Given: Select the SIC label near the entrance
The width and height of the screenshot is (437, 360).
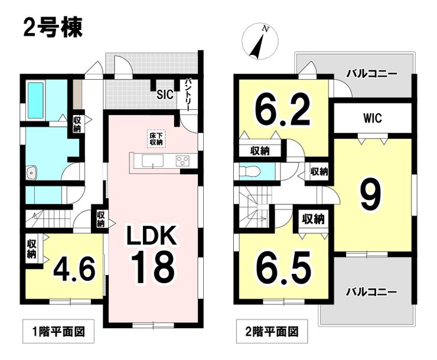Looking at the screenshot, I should point(165,93).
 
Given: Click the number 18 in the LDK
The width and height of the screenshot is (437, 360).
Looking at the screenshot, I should point(152,266).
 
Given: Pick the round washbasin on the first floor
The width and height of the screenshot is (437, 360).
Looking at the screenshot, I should point(32,172).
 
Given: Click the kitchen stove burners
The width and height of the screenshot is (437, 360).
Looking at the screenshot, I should point(182,160).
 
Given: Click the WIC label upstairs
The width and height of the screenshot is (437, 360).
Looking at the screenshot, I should point(371,118).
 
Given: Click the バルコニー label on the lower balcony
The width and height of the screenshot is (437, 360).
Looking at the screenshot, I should point(371,292).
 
